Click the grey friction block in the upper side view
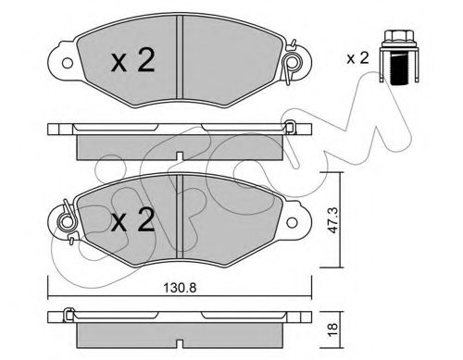(x=176, y=145)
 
